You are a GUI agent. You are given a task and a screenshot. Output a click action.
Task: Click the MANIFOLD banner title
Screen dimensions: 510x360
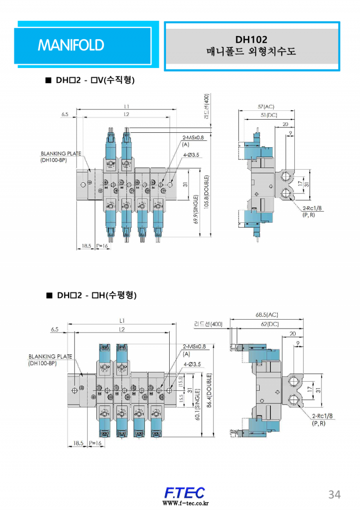71,45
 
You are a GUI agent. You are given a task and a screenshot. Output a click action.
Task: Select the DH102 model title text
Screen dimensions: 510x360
251,40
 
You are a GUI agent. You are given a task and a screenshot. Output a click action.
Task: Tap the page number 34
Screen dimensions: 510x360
334,494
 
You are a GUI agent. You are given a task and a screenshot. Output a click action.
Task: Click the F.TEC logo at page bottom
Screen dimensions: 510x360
184,492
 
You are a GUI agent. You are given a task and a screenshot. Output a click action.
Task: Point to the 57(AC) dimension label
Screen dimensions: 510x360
265,107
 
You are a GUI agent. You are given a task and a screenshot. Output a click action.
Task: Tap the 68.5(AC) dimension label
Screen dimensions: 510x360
266,315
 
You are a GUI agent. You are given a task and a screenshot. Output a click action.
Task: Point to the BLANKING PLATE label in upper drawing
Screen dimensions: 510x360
61,153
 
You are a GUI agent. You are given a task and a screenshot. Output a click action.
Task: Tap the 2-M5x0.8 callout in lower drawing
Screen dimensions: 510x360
194,347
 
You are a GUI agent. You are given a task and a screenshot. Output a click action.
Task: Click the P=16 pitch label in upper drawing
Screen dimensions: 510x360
102,246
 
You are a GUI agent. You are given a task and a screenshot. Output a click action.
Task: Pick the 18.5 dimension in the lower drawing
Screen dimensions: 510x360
78,443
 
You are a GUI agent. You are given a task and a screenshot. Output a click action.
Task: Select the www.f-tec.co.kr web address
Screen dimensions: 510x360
184,503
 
